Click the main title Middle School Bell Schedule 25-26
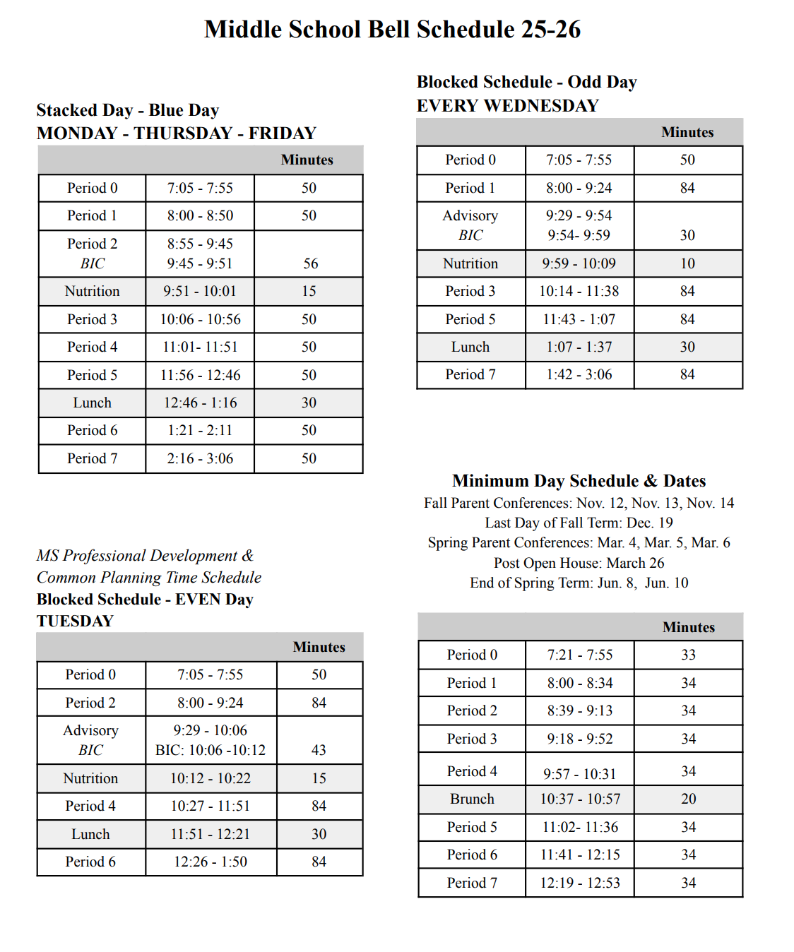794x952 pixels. point(392,30)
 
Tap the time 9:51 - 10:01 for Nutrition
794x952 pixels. point(200,291)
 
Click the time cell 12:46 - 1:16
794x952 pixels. point(200,403)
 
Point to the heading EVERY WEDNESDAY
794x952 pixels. point(507,106)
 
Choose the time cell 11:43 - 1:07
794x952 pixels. point(579,319)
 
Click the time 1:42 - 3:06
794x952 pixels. point(579,374)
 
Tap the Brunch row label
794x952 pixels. point(472,799)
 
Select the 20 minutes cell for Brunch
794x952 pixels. point(688,799)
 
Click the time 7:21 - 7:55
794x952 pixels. point(579,655)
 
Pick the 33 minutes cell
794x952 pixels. point(688,655)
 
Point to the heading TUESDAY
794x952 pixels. point(75,621)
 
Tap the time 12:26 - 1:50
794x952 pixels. point(211,862)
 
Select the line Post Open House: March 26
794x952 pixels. point(579,563)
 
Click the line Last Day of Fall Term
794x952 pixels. point(579,523)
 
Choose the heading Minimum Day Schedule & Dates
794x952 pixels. point(579,481)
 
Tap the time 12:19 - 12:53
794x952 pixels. point(579,883)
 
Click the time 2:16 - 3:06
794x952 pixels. point(200,458)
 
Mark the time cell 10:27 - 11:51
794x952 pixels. point(211,806)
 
